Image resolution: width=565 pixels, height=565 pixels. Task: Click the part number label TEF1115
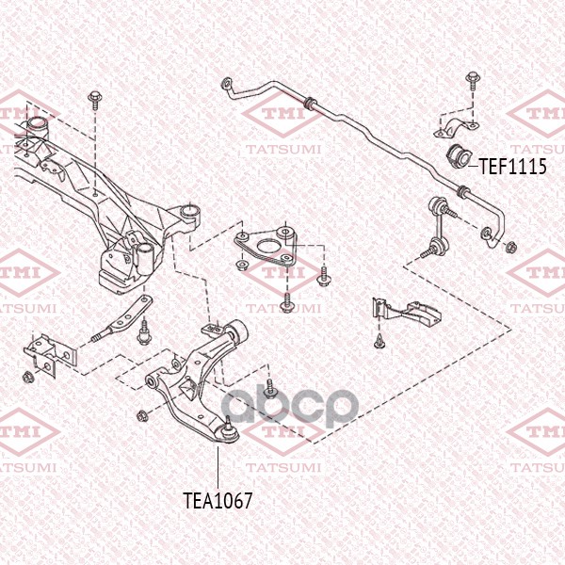[512, 167]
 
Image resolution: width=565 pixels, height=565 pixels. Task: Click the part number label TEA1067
[218, 501]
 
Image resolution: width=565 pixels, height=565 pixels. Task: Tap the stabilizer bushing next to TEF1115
[459, 156]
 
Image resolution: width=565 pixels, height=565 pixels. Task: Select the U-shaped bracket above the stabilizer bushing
[457, 129]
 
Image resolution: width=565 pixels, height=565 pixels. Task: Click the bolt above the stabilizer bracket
[472, 81]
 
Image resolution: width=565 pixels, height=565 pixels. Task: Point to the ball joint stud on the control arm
[228, 422]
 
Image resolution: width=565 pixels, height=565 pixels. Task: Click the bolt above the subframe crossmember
[94, 100]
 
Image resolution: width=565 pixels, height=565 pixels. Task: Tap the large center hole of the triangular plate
[266, 247]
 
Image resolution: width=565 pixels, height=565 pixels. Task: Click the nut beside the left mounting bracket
[27, 378]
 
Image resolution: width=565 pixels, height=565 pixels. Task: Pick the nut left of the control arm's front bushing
[141, 416]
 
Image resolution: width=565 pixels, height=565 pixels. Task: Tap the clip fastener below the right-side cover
[379, 341]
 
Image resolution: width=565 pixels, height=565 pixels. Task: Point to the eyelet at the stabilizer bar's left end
[226, 83]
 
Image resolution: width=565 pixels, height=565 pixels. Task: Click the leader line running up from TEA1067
[218, 467]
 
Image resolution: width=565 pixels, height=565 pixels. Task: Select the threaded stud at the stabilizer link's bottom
[428, 253]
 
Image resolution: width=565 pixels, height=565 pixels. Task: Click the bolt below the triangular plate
[287, 302]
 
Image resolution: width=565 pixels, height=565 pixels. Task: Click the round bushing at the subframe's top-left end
[37, 126]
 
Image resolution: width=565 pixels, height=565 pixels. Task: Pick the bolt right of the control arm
[269, 387]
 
